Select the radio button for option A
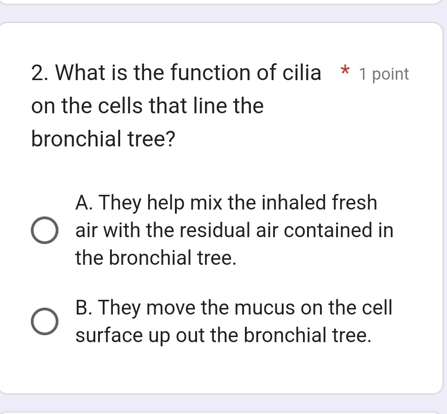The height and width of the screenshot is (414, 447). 45,230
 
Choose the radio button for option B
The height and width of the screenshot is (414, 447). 45,321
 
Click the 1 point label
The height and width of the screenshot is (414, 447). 384,74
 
